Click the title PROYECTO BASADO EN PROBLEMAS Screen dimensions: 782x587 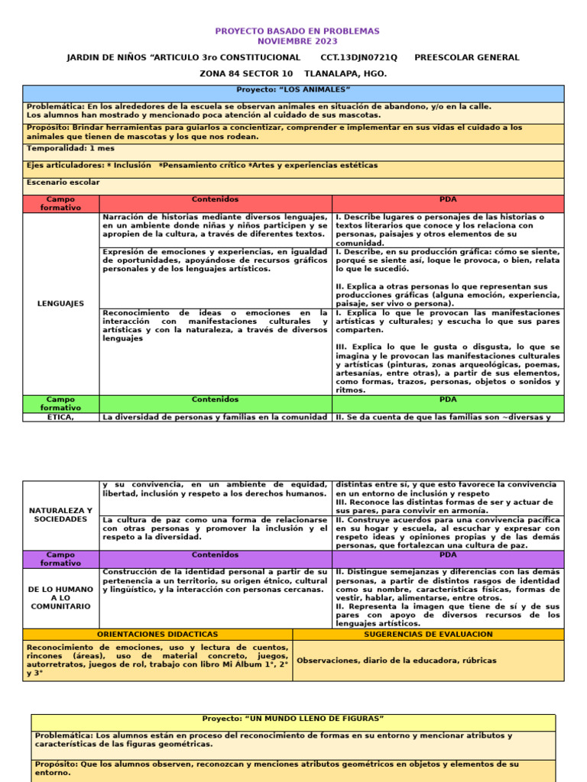point(297,31)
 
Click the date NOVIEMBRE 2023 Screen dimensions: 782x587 point(297,41)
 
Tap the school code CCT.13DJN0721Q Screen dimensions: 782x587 point(358,57)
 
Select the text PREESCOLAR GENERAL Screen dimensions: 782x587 point(466,57)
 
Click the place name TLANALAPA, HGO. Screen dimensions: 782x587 point(345,74)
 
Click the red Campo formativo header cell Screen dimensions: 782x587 point(61,204)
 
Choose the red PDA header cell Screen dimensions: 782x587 point(448,200)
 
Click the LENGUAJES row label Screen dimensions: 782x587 point(61,304)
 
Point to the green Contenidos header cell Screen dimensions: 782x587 point(215,399)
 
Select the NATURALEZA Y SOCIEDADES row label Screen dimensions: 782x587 point(61,515)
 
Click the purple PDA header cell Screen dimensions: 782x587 point(448,555)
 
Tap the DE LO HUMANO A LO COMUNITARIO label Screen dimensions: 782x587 point(61,596)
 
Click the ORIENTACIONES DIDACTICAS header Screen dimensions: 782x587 point(157,635)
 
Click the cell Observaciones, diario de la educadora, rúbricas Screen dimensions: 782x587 point(397,661)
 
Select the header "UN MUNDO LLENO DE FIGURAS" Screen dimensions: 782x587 point(293,719)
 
